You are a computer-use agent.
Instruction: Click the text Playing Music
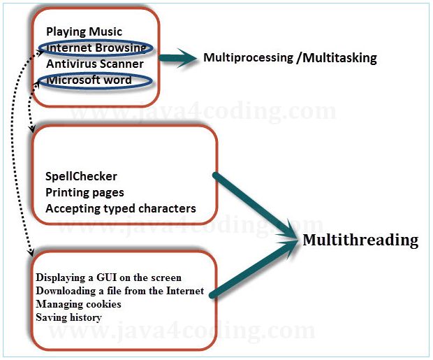(84, 31)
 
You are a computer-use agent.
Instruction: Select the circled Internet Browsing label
(95, 48)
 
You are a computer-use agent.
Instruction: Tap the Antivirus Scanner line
(95, 64)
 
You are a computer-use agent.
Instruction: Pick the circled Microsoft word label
(89, 80)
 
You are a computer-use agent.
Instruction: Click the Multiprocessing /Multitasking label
(290, 58)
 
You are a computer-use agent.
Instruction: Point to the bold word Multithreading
(360, 240)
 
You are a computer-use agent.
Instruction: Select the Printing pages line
(85, 192)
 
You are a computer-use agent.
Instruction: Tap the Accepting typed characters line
(121, 208)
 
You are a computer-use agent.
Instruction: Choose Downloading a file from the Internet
(120, 291)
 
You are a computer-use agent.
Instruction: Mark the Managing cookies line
(78, 304)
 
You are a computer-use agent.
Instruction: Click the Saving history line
(68, 317)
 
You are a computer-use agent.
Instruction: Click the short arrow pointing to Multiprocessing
(175, 59)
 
